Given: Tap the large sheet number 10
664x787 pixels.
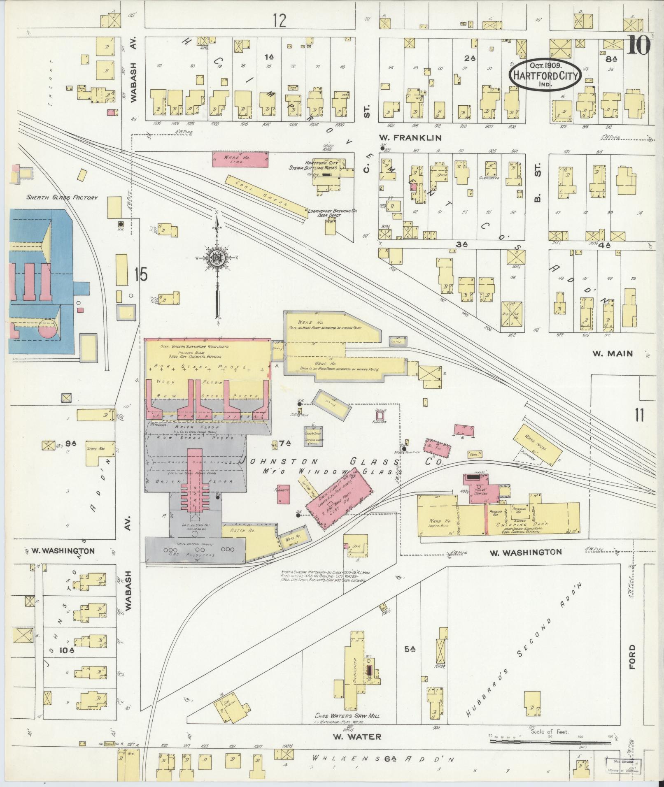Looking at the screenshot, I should tap(638, 45).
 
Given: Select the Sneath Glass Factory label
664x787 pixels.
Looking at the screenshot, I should tap(62, 197).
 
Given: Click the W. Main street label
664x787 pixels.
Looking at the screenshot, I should tap(612, 353).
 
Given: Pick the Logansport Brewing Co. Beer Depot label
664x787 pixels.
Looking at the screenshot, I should tap(333, 213).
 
